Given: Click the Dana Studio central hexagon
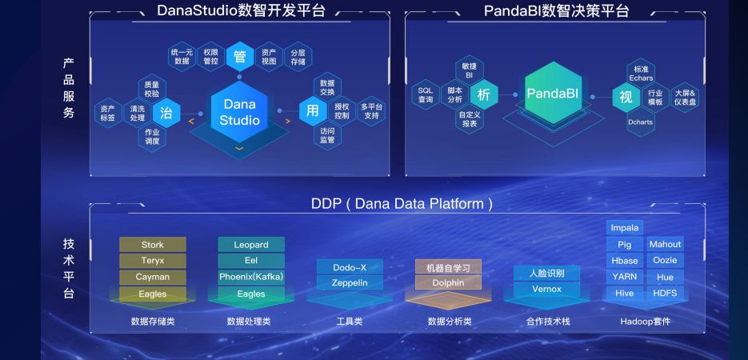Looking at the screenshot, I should [240, 112].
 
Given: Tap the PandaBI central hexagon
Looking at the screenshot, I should [552, 94].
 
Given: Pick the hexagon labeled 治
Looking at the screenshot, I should [166, 112].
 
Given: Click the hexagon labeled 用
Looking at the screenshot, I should [313, 111].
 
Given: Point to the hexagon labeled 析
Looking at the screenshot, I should [483, 94].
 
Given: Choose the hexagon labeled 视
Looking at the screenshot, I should [626, 97].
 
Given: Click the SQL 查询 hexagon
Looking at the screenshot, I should [425, 94].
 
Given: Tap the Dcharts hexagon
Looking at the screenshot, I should [640, 122].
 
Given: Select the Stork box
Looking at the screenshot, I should [152, 244].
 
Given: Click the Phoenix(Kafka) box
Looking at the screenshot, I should [251, 277].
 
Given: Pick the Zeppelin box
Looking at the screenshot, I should [350, 282].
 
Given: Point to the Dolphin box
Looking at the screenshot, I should [448, 282].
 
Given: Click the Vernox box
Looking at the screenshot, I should [546, 289].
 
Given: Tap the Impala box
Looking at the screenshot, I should [624, 227].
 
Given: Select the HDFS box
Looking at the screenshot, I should [665, 293].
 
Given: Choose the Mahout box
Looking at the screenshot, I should [665, 244].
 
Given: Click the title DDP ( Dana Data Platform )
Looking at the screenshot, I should [402, 204].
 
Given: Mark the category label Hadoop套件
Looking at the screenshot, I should [645, 322].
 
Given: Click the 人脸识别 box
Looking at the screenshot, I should [546, 273].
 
